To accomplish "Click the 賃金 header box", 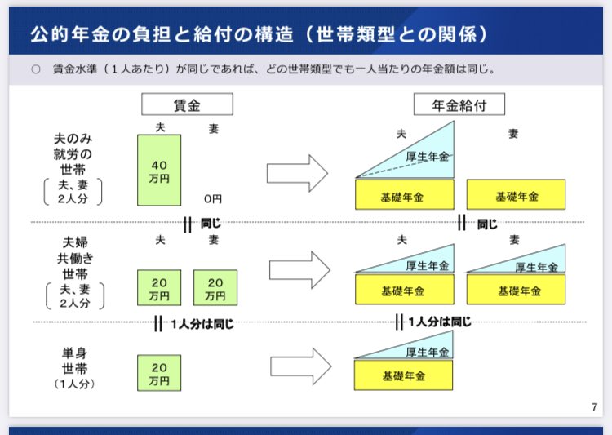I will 187,104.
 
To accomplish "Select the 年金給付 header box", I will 459,104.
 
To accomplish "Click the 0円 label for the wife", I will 213,198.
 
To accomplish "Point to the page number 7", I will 593,406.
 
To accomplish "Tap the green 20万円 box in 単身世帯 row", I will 159,372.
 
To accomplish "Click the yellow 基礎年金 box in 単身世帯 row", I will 402,375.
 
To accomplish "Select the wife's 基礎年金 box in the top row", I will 516,195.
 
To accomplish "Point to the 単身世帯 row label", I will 74,368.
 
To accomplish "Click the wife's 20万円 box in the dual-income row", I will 215,287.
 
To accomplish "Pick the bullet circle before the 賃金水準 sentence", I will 35,69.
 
